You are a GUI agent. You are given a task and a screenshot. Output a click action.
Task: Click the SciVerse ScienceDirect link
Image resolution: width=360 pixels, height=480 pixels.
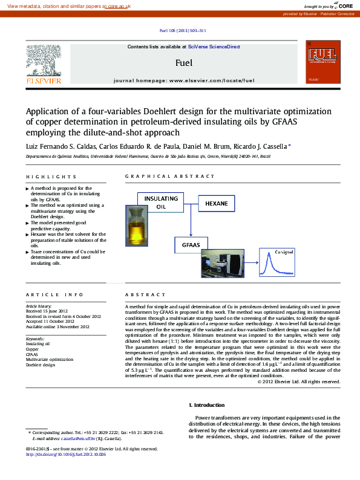pyautogui.click(x=214, y=47)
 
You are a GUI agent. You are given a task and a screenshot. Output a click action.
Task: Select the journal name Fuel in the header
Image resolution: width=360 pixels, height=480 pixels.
pyautogui.click(x=183, y=62)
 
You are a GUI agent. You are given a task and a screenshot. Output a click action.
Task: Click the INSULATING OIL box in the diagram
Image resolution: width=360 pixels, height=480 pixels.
pyautogui.click(x=160, y=202)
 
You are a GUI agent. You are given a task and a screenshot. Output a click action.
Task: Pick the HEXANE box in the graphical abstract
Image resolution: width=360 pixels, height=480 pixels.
pyautogui.click(x=216, y=203)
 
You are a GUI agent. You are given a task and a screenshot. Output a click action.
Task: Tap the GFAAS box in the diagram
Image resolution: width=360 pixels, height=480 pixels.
pyautogui.click(x=191, y=245)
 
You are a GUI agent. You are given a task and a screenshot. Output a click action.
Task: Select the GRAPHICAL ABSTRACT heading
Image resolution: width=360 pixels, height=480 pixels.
pyautogui.click(x=169, y=176)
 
